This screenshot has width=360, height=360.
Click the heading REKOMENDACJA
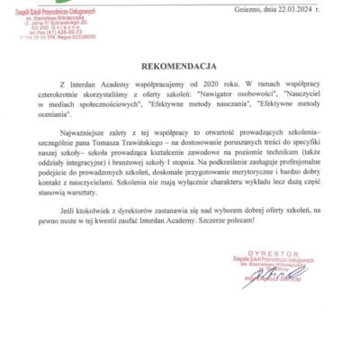pos(179,66)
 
